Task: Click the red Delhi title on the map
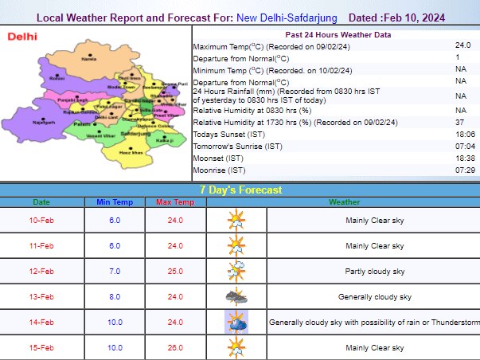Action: click(x=23, y=37)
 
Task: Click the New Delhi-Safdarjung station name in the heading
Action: click(x=288, y=17)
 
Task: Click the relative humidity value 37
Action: click(x=459, y=122)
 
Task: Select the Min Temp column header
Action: click(x=114, y=203)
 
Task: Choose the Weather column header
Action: click(x=344, y=203)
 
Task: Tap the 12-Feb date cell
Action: click(x=41, y=271)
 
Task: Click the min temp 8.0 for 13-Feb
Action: click(x=114, y=296)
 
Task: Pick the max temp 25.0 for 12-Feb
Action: click(x=174, y=271)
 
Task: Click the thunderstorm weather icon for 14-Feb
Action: click(x=236, y=322)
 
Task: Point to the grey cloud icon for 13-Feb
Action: click(x=236, y=296)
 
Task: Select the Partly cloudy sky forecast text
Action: click(x=373, y=271)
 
